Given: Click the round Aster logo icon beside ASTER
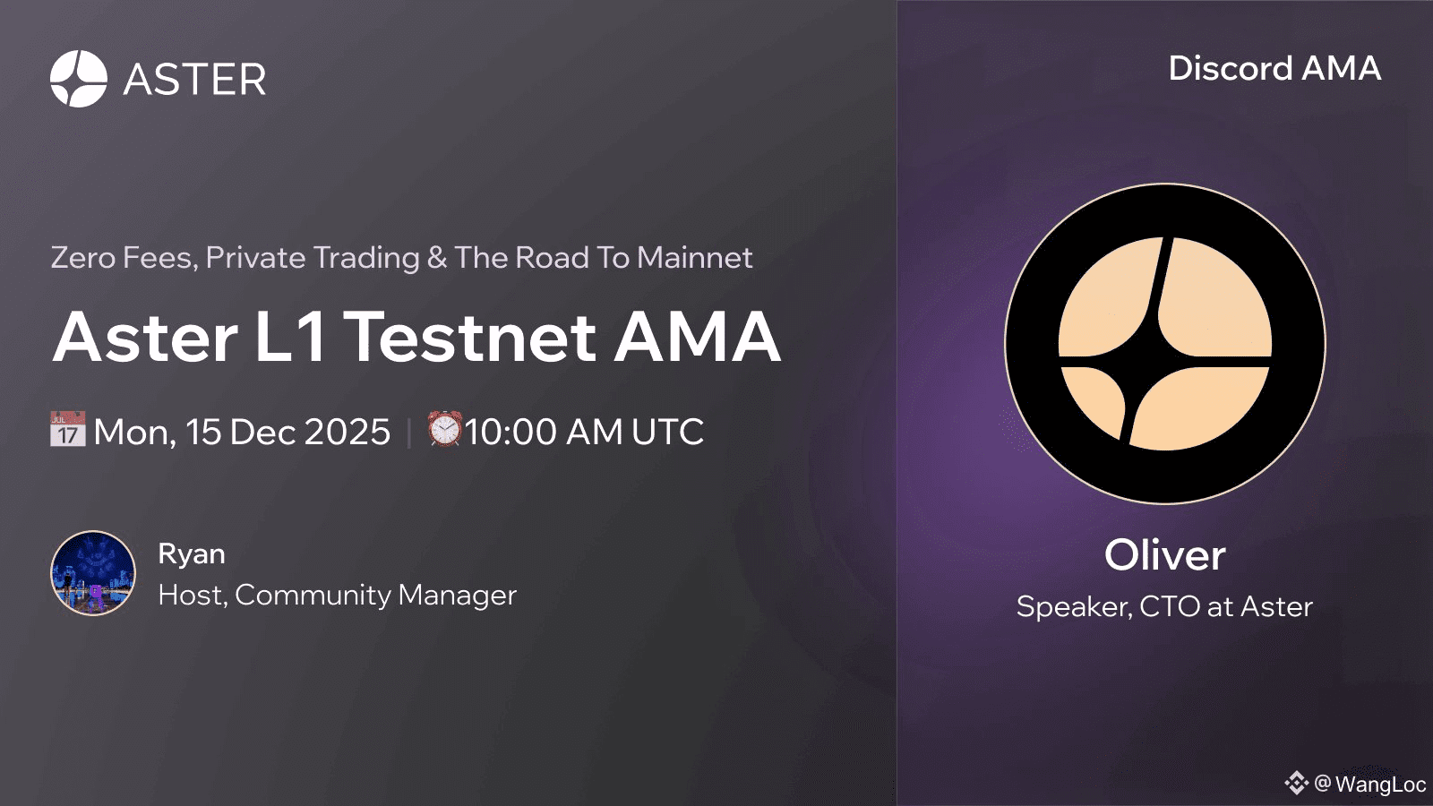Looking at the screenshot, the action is click(x=79, y=79).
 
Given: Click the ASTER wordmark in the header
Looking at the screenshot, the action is click(x=194, y=80).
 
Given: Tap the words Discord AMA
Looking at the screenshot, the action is click(x=1274, y=68).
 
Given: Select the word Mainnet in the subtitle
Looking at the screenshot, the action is click(x=695, y=258).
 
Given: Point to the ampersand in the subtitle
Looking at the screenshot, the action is click(x=437, y=258).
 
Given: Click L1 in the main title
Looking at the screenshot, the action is click(x=290, y=337).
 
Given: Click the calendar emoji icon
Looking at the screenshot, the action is click(x=68, y=429).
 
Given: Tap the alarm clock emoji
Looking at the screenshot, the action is click(x=444, y=429).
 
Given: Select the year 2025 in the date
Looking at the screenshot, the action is click(x=348, y=432).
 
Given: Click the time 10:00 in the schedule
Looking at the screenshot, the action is click(x=511, y=432).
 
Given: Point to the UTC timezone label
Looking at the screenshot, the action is click(x=667, y=432).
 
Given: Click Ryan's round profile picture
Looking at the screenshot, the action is click(x=93, y=573).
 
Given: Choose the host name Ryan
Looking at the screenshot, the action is click(x=192, y=554).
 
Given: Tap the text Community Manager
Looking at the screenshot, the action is click(x=375, y=596).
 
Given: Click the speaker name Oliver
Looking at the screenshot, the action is click(x=1165, y=555).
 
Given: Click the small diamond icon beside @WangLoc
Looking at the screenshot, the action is click(x=1296, y=783).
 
